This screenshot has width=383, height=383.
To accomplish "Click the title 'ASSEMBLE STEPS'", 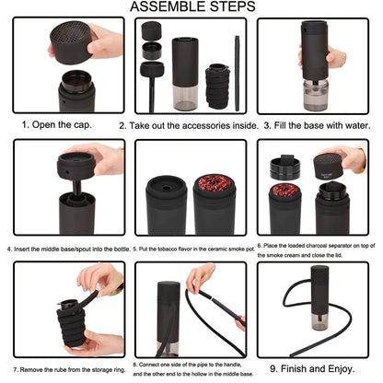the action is [x=192, y=6].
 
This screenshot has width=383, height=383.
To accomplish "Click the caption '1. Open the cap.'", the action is [x=57, y=125].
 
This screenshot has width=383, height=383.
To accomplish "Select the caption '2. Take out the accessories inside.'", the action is [x=189, y=125].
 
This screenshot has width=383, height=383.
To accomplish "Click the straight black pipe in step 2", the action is [x=237, y=73].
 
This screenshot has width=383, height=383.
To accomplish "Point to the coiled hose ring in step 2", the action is [x=217, y=87].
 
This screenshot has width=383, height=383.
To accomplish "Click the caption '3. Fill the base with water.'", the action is [x=317, y=125].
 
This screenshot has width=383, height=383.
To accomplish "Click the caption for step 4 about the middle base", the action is [x=69, y=249].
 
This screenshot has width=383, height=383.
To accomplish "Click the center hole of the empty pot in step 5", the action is [x=167, y=188].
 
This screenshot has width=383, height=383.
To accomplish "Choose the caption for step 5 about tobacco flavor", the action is [x=194, y=249].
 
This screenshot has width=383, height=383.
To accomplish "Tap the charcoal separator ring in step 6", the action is [x=285, y=168].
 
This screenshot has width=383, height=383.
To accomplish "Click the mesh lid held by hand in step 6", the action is [x=330, y=166].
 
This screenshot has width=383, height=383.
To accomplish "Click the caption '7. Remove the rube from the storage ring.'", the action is [x=69, y=370].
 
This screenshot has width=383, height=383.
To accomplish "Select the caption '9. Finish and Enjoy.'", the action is [x=312, y=368].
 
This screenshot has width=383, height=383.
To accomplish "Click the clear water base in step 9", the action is [x=319, y=322].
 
